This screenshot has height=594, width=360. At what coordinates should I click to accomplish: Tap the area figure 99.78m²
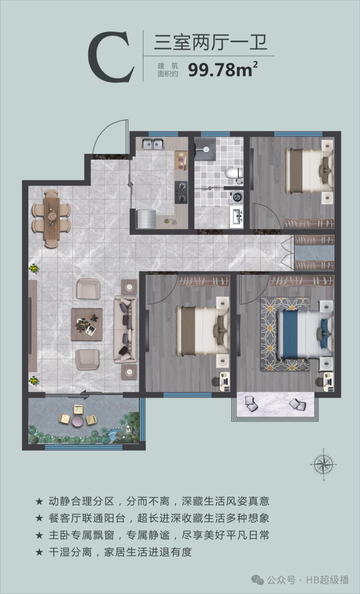223,69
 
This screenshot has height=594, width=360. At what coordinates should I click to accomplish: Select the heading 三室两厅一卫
210,43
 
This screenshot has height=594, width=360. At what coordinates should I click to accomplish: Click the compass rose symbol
323,465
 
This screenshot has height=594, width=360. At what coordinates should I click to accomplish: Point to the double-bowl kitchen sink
152,143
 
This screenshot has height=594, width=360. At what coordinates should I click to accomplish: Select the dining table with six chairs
51,219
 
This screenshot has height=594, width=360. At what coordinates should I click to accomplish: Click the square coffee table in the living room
87,325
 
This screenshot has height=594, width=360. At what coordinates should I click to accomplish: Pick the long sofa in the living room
125,329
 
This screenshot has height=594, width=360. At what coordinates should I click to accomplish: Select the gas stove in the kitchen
181,192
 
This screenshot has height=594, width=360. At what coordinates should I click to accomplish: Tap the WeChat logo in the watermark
257,580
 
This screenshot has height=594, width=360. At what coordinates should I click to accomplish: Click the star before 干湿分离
39,552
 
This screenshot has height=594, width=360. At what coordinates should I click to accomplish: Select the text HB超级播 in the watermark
328,580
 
